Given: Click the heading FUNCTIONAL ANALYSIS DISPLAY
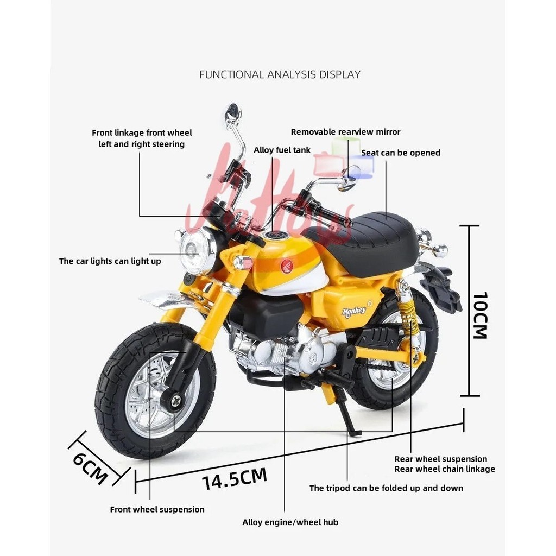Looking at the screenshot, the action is click(x=280, y=74).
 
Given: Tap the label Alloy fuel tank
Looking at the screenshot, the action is click(x=282, y=150).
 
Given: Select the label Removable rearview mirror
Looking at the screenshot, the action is click(x=345, y=132).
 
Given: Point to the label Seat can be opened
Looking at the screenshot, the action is click(x=401, y=153).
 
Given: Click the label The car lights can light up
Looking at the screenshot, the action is click(x=110, y=261).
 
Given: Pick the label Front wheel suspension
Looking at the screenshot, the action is click(x=157, y=509).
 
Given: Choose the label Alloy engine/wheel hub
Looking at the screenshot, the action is click(x=290, y=522).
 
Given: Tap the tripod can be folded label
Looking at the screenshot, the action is click(x=386, y=488).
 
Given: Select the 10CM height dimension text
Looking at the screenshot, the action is click(x=480, y=315).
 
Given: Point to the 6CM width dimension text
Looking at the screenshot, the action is click(x=91, y=466).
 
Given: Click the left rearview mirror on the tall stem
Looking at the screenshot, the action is click(x=233, y=112).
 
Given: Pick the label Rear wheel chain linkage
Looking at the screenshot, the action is click(x=444, y=469).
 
